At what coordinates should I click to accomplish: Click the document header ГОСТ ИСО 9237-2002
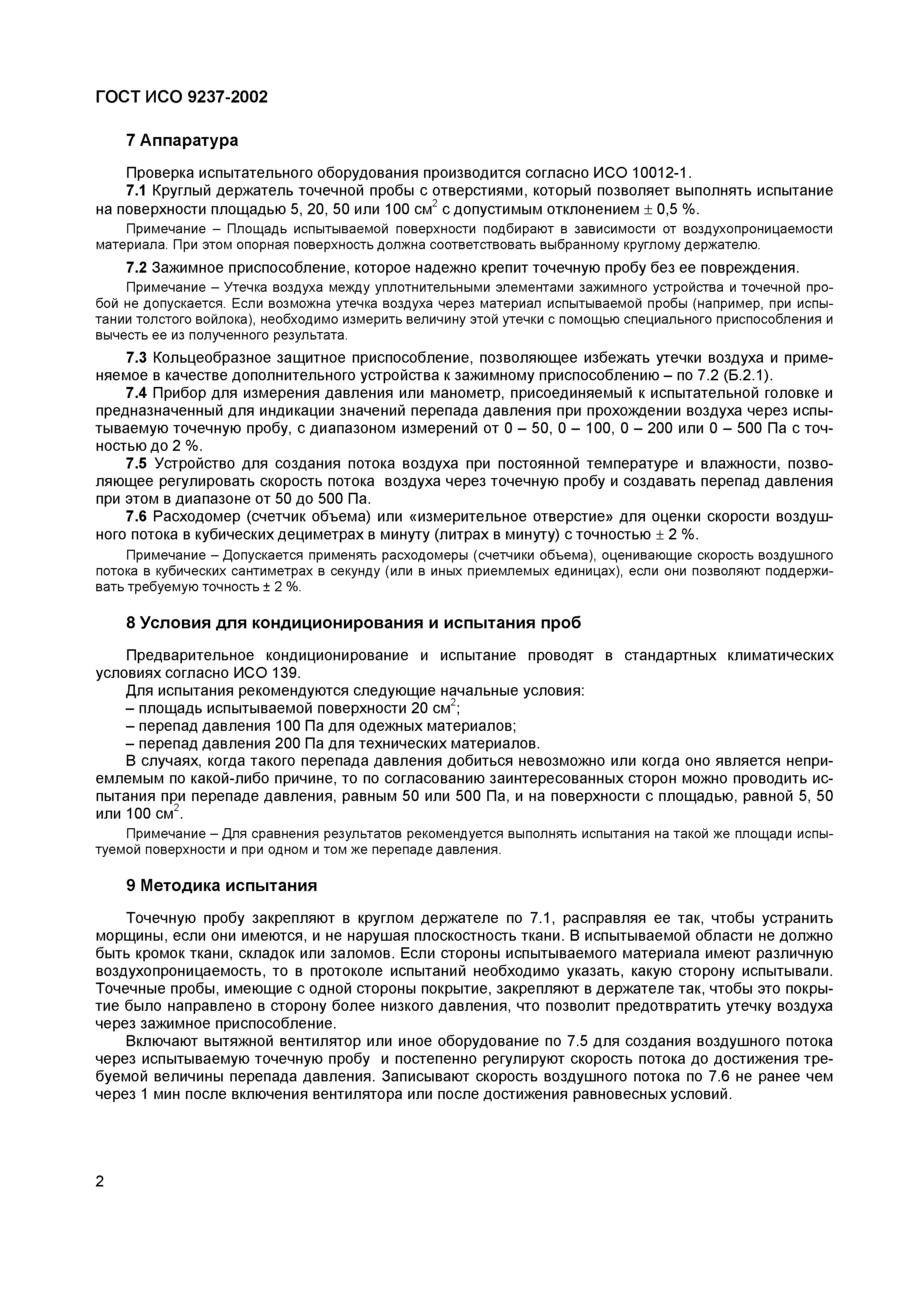pyautogui.click(x=181, y=97)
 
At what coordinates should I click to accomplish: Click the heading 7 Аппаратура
pyautogui.click(x=182, y=140)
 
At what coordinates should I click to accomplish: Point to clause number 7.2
pyautogui.click(x=136, y=267)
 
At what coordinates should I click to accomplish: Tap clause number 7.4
pyautogui.click(x=136, y=393)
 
